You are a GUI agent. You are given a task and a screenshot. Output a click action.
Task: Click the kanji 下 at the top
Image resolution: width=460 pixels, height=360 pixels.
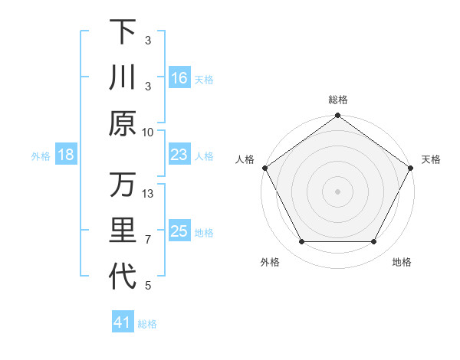pyautogui.click(x=123, y=31)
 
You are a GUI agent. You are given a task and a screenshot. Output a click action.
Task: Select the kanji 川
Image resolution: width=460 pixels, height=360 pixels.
pyautogui.click(x=123, y=78)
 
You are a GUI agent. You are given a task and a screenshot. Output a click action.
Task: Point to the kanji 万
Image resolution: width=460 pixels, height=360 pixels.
pyautogui.click(x=123, y=185)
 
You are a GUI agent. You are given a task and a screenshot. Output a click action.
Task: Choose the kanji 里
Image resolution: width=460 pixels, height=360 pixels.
pyautogui.click(x=123, y=231)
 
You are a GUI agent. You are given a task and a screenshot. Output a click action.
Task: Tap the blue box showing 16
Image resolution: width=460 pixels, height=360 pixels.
pyautogui.click(x=179, y=77)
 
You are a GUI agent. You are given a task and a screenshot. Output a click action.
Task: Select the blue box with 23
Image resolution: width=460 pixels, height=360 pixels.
pyautogui.click(x=179, y=155)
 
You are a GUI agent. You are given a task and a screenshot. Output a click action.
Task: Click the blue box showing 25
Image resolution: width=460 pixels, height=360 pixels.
pyautogui.click(x=179, y=231)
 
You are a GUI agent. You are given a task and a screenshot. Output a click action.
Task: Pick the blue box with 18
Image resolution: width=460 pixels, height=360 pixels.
pyautogui.click(x=66, y=155)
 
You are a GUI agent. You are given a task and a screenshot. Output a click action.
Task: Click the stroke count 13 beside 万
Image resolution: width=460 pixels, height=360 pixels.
pyautogui.click(x=148, y=194)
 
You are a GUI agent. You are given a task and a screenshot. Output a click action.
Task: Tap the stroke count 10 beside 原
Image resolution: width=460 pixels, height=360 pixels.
pyautogui.click(x=148, y=132)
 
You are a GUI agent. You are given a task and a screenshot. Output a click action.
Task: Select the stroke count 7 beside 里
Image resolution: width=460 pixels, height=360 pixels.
pyautogui.click(x=148, y=240)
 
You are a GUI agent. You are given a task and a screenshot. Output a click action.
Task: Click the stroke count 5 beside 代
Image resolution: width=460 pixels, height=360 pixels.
pyautogui.click(x=148, y=286)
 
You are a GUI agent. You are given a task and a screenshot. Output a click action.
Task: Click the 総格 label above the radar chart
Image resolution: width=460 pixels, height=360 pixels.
pyautogui.click(x=338, y=100)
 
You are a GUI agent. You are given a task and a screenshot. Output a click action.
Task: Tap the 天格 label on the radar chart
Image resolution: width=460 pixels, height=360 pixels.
pyautogui.click(x=431, y=159)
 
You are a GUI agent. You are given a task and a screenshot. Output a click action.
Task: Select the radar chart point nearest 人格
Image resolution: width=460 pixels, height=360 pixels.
pyautogui.click(x=264, y=168)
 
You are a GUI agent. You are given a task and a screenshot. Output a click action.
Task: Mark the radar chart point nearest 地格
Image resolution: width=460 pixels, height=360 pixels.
pyautogui.click(x=374, y=242)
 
